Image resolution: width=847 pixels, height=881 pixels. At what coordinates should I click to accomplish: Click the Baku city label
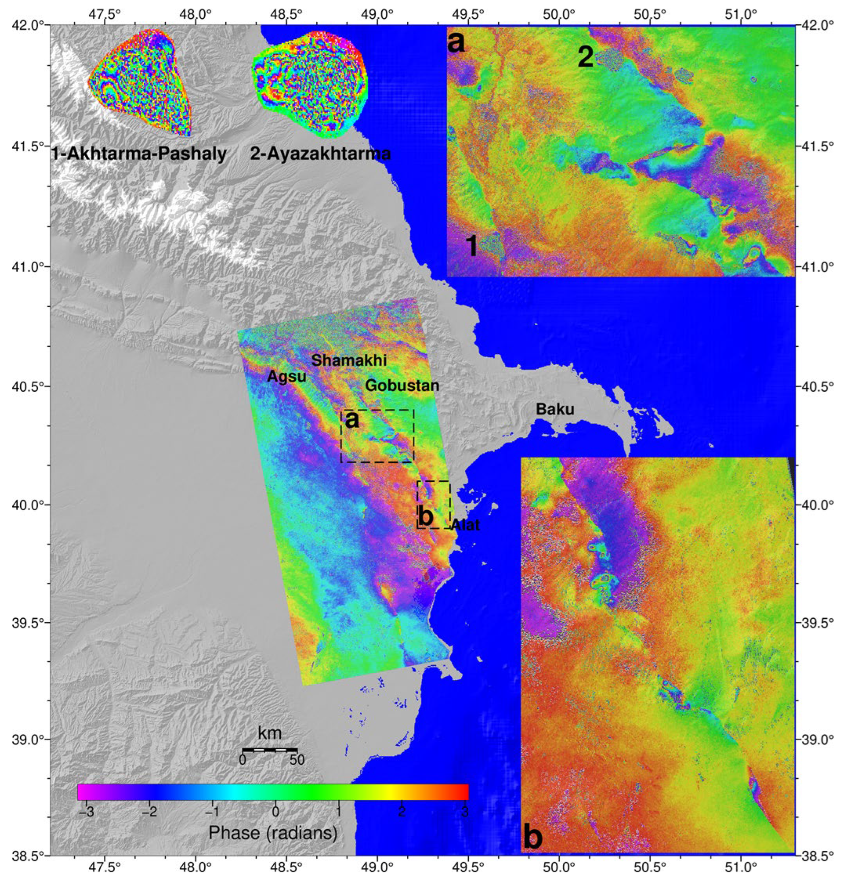(x=555, y=409)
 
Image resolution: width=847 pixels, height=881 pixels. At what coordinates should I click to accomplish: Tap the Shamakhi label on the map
(x=349, y=360)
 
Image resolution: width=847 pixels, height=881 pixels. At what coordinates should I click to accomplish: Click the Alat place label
(x=465, y=525)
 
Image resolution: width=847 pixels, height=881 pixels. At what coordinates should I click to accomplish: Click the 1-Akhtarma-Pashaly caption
(x=139, y=154)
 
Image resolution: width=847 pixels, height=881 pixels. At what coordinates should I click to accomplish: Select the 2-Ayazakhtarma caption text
(x=320, y=154)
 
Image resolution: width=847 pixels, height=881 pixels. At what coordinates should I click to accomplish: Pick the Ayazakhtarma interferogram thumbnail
(x=311, y=84)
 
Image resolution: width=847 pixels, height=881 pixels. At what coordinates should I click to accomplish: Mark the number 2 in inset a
(x=585, y=58)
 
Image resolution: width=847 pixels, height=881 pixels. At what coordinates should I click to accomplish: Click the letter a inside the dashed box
(x=352, y=420)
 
